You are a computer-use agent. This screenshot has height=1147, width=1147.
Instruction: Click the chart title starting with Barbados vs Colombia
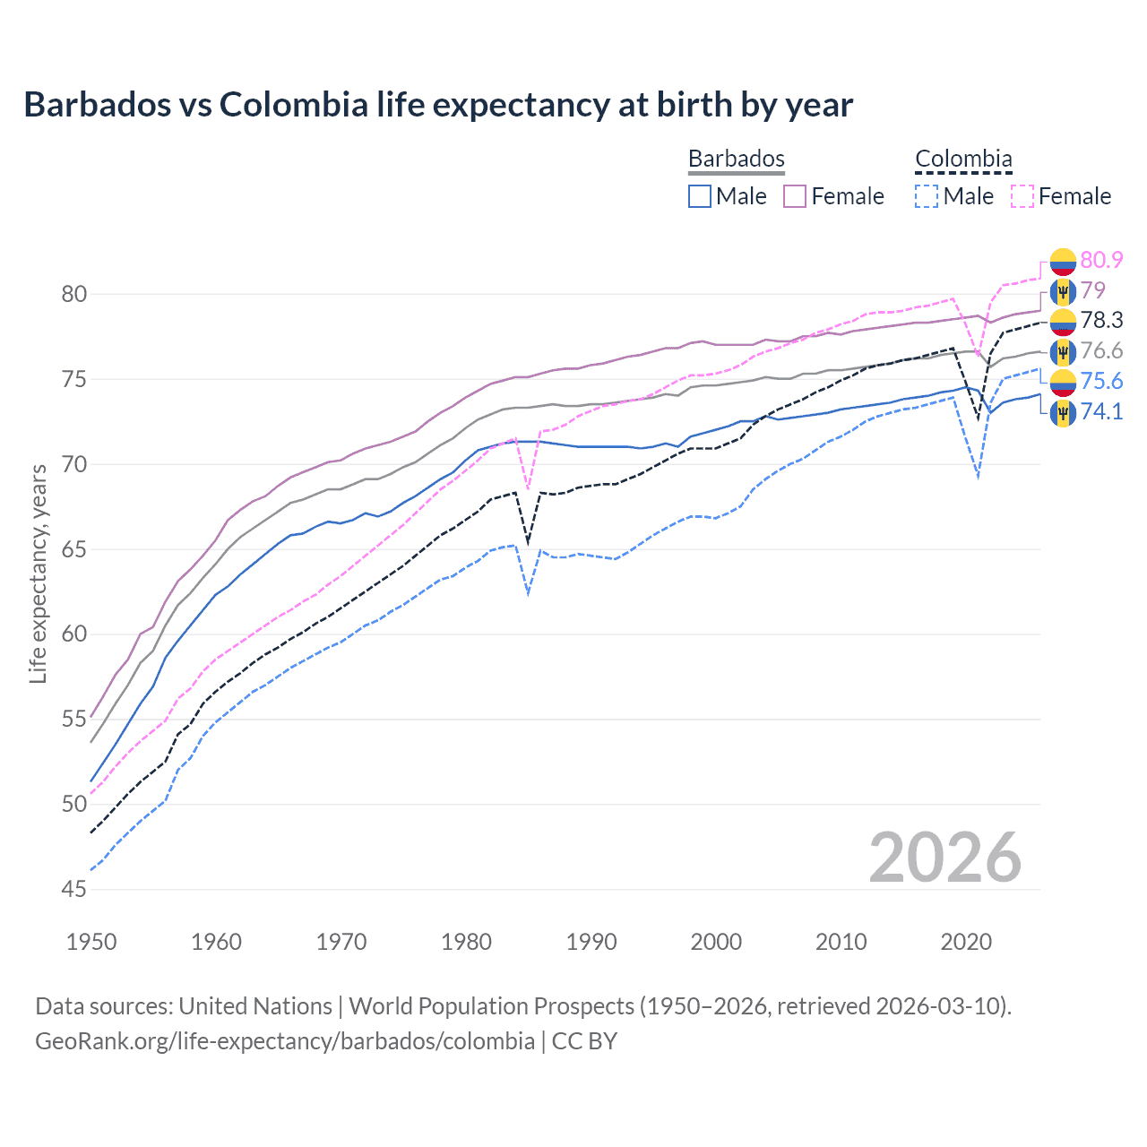[438, 105]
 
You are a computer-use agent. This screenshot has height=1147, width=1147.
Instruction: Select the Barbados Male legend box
[700, 196]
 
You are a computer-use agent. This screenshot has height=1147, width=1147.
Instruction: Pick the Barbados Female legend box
[795, 196]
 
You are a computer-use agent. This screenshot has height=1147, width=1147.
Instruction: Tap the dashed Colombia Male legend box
[927, 196]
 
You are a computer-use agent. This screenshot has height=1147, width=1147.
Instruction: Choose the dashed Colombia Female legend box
[1022, 196]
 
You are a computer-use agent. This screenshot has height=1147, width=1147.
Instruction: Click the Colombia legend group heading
[963, 160]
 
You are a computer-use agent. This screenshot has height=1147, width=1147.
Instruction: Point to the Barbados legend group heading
[737, 160]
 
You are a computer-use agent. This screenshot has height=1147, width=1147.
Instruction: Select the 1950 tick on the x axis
[92, 942]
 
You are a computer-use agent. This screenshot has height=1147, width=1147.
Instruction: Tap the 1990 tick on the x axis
[591, 942]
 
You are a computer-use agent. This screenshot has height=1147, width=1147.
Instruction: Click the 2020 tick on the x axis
[966, 942]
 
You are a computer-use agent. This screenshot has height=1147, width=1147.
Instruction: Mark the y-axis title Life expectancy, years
[39, 573]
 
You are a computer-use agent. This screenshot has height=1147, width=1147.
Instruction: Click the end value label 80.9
[1101, 260]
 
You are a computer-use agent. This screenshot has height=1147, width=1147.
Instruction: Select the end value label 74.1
[1101, 411]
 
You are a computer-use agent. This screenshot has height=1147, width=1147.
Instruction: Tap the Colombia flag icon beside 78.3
[1063, 321]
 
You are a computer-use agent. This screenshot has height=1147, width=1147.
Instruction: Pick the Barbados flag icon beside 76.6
[1063, 351]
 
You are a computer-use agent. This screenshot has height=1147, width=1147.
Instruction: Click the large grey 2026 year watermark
[945, 858]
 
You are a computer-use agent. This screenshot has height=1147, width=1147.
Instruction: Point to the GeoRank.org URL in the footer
[285, 1041]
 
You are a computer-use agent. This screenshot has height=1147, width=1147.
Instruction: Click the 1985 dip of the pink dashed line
[529, 488]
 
